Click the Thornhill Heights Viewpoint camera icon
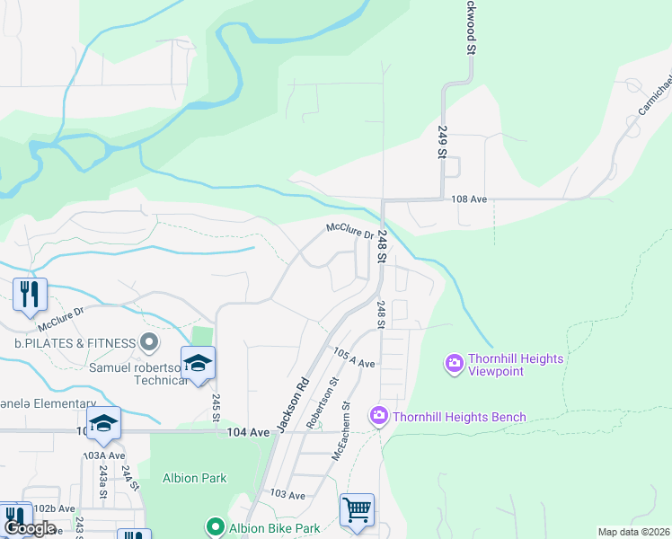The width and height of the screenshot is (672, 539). [x=455, y=363]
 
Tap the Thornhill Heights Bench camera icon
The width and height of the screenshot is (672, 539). [x=379, y=416]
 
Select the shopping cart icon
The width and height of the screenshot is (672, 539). [x=357, y=510]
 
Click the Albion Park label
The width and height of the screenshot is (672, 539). [x=194, y=478]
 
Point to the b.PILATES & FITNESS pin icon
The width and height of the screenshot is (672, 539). [x=149, y=342]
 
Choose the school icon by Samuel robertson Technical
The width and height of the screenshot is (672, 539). [x=197, y=363]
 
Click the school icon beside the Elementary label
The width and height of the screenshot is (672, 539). [x=104, y=423]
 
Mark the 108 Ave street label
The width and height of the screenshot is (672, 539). [x=470, y=199]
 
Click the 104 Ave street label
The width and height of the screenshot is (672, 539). [x=248, y=432]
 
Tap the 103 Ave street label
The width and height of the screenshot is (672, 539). [x=287, y=494]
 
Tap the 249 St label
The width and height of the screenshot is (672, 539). [x=442, y=142]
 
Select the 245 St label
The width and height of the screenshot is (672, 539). [x=217, y=407]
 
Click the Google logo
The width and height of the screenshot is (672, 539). [x=30, y=528]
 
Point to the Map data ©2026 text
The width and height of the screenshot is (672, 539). [x=633, y=532]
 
